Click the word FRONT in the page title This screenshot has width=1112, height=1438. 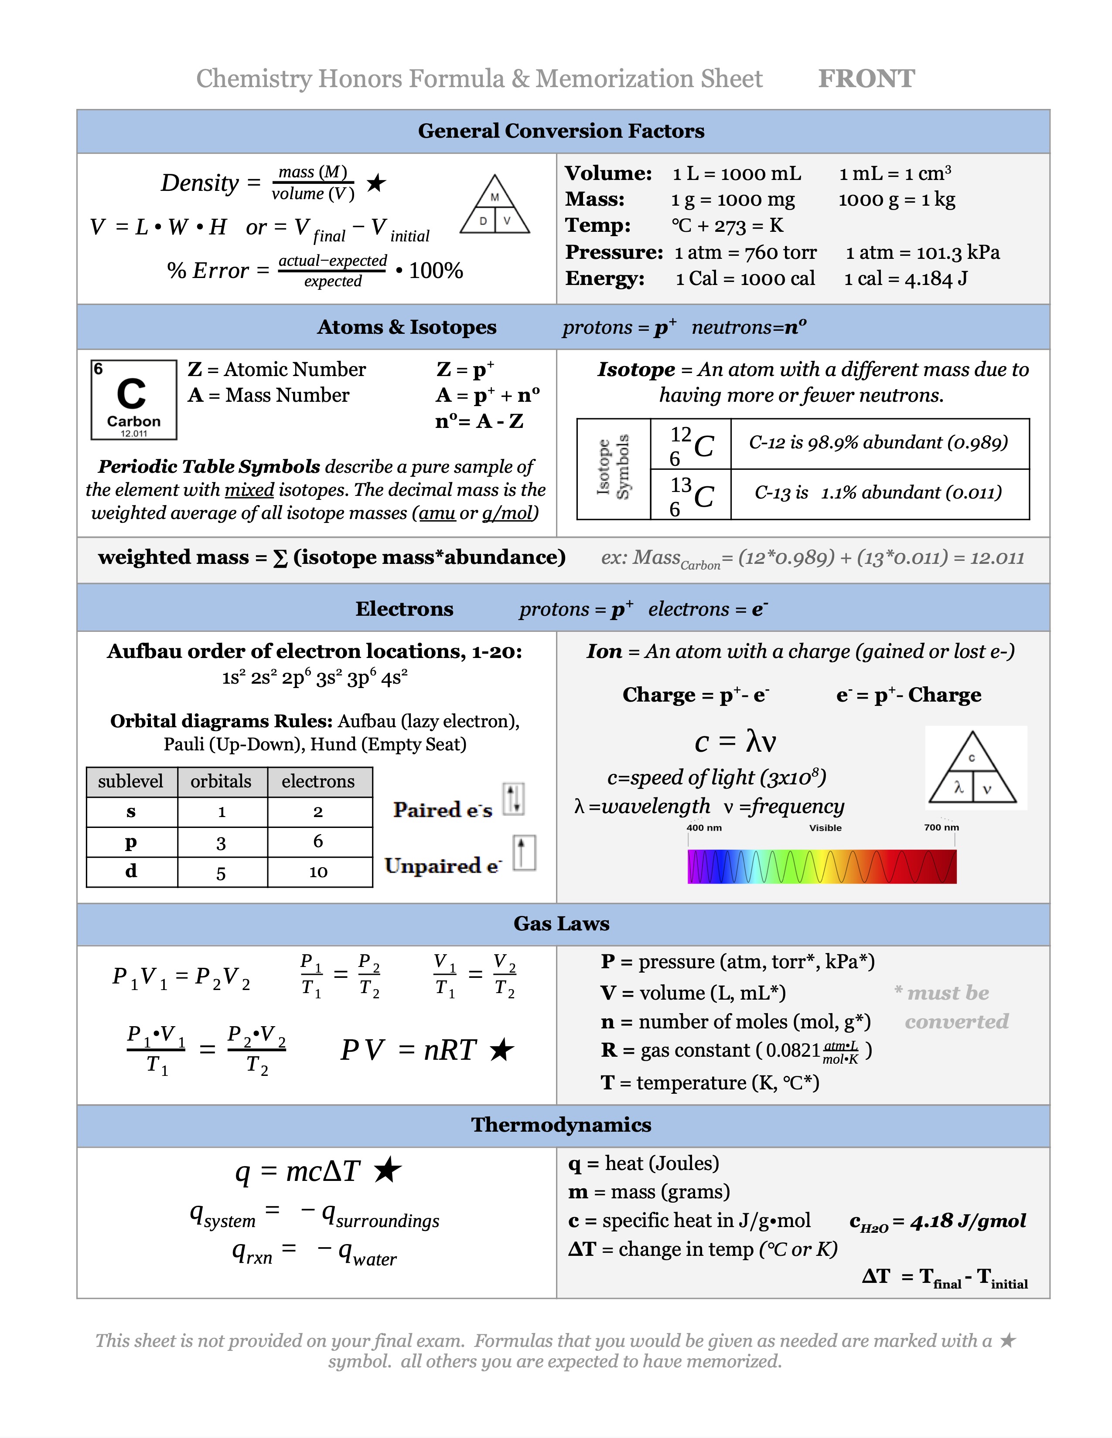tap(866, 78)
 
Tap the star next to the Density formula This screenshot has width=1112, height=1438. tap(376, 183)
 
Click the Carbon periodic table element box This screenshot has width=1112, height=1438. tap(134, 399)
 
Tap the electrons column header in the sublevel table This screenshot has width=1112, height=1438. tap(318, 782)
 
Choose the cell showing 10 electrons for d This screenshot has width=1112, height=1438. tap(318, 872)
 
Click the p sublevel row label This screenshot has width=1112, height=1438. tap(131, 842)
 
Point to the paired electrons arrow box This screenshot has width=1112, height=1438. tap(514, 799)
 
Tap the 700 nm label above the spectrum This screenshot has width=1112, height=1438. tap(941, 828)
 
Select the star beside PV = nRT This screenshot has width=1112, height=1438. tap(502, 1050)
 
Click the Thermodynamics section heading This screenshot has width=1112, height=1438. tap(561, 1125)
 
